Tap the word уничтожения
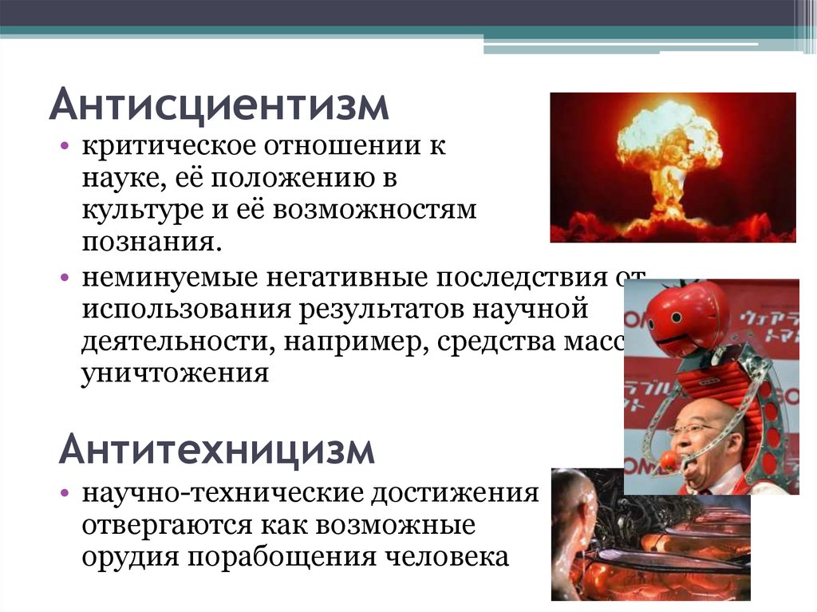click(175, 372)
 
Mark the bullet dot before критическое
click(65, 148)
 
